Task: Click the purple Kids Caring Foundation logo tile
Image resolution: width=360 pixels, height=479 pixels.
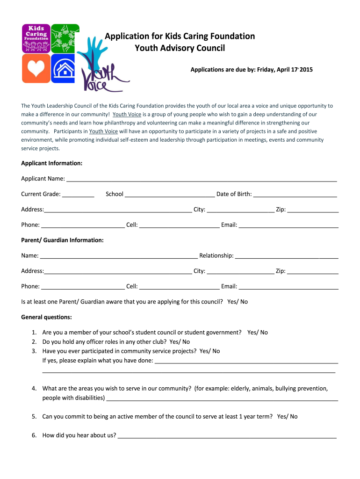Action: pyautogui.click(x=36, y=37)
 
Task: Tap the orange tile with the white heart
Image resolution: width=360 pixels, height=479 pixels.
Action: pyautogui.click(x=36, y=68)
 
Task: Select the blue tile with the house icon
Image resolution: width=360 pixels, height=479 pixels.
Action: pyautogui.click(x=65, y=68)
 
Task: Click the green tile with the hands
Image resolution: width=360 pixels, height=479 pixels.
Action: pyautogui.click(x=65, y=37)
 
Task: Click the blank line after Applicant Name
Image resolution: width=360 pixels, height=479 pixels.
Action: pyautogui.click(x=202, y=179)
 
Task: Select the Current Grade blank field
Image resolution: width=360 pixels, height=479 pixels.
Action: pyautogui.click(x=78, y=194)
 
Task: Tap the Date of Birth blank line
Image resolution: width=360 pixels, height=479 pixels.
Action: pyautogui.click(x=295, y=194)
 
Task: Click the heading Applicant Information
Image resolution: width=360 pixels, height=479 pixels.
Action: pyautogui.click(x=52, y=163)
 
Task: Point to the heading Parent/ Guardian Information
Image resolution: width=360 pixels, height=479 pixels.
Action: pyautogui.click(x=62, y=240)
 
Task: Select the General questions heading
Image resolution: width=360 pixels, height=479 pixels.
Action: pyautogui.click(x=47, y=317)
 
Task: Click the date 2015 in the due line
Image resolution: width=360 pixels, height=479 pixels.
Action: pyautogui.click(x=306, y=70)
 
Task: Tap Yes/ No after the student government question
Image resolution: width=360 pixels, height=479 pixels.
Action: pyautogui.click(x=258, y=333)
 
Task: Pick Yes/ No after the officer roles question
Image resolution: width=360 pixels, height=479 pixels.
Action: pyautogui.click(x=180, y=342)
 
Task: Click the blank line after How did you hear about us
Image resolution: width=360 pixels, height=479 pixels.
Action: pyautogui.click(x=227, y=435)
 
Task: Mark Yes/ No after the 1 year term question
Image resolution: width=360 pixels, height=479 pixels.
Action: pyautogui.click(x=287, y=416)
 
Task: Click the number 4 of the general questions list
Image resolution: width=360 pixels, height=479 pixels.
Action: pyautogui.click(x=34, y=388)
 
